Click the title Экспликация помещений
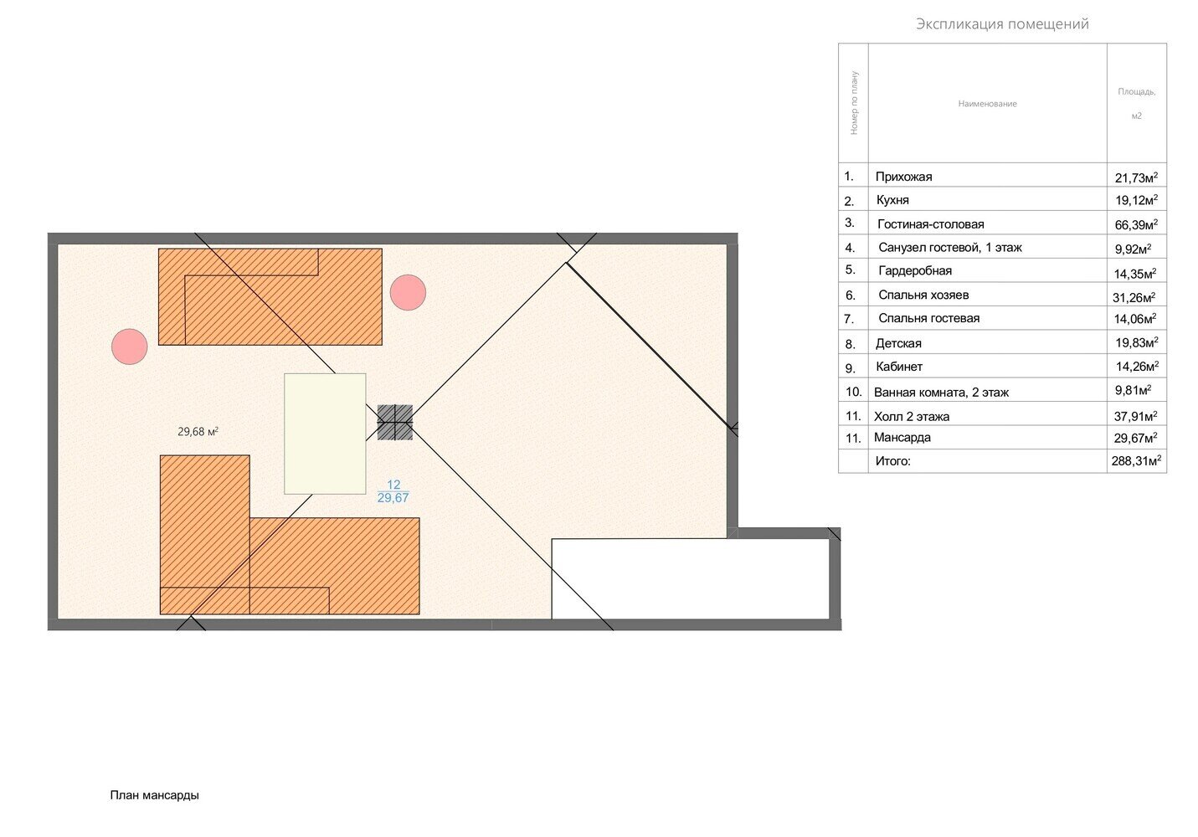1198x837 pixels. tap(1002, 24)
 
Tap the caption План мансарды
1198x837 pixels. tap(155, 795)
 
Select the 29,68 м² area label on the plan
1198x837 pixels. tap(198, 432)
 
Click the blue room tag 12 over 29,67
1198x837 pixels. tap(393, 491)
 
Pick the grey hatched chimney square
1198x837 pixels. tap(394, 422)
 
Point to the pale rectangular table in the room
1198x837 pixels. tap(325, 434)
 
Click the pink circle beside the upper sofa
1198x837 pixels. tap(408, 293)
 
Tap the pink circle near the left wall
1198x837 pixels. tap(130, 347)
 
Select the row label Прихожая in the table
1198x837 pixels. tap(903, 177)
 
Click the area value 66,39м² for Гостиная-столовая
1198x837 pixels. tap(1136, 224)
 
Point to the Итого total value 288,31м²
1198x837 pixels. tap(1136, 461)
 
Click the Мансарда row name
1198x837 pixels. tap(902, 438)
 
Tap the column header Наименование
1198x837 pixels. tap(987, 104)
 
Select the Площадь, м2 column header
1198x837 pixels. tap(1137, 104)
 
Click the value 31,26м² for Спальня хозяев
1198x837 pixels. tap(1134, 297)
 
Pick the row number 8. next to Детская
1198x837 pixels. tap(851, 345)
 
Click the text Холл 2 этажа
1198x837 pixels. tap(912, 417)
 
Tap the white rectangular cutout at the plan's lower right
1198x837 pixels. tap(691, 578)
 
